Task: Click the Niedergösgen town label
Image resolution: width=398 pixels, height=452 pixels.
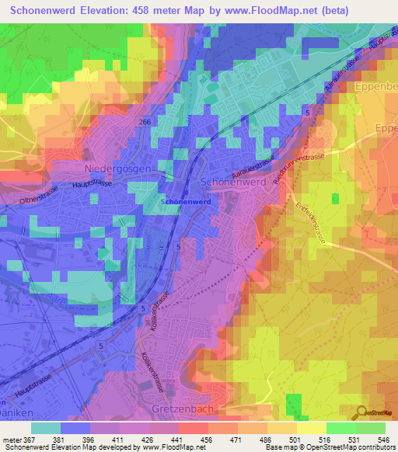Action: click(x=117, y=168)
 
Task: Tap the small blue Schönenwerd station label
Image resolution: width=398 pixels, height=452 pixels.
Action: click(x=183, y=201)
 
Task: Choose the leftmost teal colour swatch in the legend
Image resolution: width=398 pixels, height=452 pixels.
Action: click(x=46, y=427)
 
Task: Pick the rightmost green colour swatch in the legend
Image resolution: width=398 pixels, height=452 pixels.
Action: click(x=371, y=427)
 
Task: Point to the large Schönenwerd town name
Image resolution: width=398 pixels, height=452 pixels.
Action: click(x=234, y=180)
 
